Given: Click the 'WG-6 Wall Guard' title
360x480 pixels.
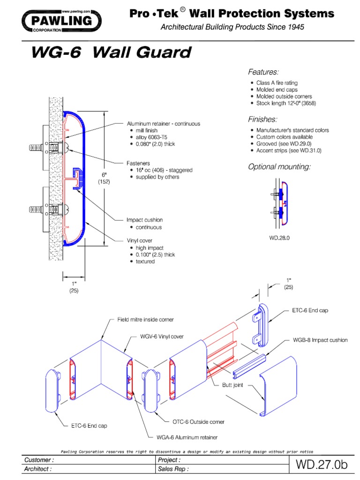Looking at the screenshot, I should (111, 52).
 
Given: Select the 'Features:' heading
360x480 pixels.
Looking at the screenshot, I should (263, 72).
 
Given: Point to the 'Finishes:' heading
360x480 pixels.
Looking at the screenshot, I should (262, 119).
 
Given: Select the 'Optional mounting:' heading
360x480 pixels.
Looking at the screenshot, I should (279, 167).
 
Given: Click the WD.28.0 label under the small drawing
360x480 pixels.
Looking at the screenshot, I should (279, 238).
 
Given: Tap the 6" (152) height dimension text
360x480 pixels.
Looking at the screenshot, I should (105, 179).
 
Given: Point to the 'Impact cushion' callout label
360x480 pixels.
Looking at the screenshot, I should (144, 220).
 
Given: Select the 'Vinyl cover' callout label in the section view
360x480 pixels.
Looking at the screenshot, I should (140, 240).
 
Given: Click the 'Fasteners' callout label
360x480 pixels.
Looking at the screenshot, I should (138, 163).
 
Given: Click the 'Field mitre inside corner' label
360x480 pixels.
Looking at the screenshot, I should (145, 320).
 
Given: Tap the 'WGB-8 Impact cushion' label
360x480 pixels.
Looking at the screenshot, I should (321, 340).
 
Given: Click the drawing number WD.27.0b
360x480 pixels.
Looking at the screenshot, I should (322, 465).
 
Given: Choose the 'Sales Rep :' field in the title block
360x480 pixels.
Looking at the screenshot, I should (174, 468).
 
